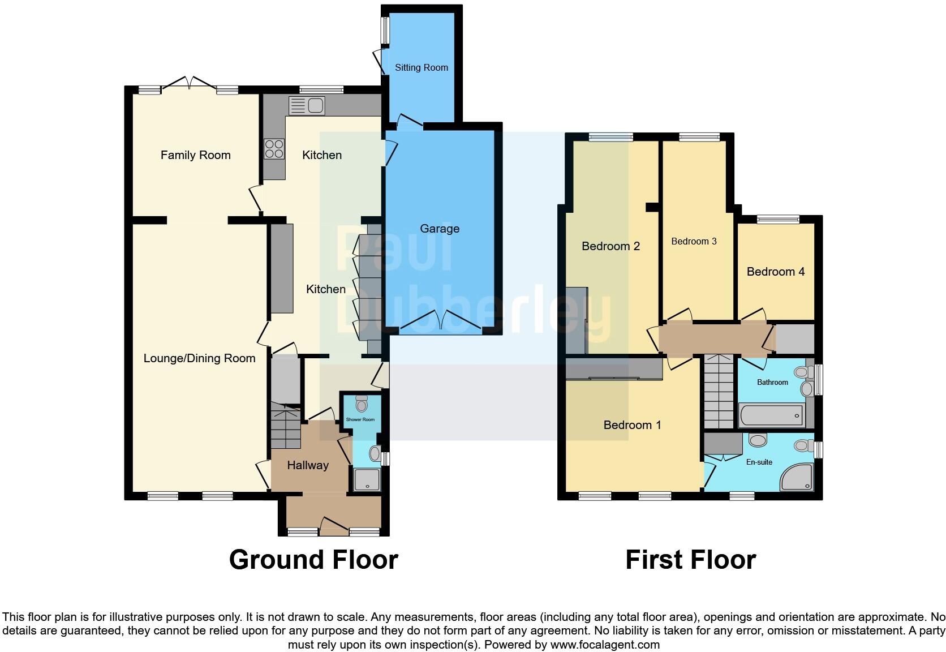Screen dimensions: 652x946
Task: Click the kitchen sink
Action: pyautogui.click(x=307, y=106)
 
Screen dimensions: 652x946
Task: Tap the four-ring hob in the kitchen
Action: pyautogui.click(x=274, y=149)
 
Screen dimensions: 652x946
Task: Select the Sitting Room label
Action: pyautogui.click(x=422, y=67)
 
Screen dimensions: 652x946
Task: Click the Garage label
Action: pyautogui.click(x=440, y=229)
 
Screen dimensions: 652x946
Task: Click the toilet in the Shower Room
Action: pyautogui.click(x=362, y=404)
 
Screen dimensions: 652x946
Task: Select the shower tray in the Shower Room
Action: pyautogui.click(x=367, y=479)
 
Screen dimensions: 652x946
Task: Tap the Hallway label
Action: pyautogui.click(x=308, y=465)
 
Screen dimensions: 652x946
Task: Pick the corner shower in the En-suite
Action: pyautogui.click(x=798, y=477)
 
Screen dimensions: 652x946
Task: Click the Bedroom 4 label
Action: pyautogui.click(x=776, y=272)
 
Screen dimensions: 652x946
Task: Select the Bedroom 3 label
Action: pyautogui.click(x=694, y=242)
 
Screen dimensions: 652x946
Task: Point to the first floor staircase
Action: pyautogui.click(x=719, y=392)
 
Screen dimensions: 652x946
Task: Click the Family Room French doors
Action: pyautogui.click(x=189, y=85)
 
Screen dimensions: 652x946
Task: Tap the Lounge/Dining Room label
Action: pyautogui.click(x=199, y=358)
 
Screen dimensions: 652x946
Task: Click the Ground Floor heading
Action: pyautogui.click(x=313, y=560)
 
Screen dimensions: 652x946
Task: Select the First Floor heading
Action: pyautogui.click(x=690, y=560)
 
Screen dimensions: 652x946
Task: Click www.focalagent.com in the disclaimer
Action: pyautogui.click(x=605, y=645)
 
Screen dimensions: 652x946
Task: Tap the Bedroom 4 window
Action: pyautogui.click(x=779, y=219)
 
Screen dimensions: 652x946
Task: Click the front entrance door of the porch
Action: pyautogui.click(x=334, y=527)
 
